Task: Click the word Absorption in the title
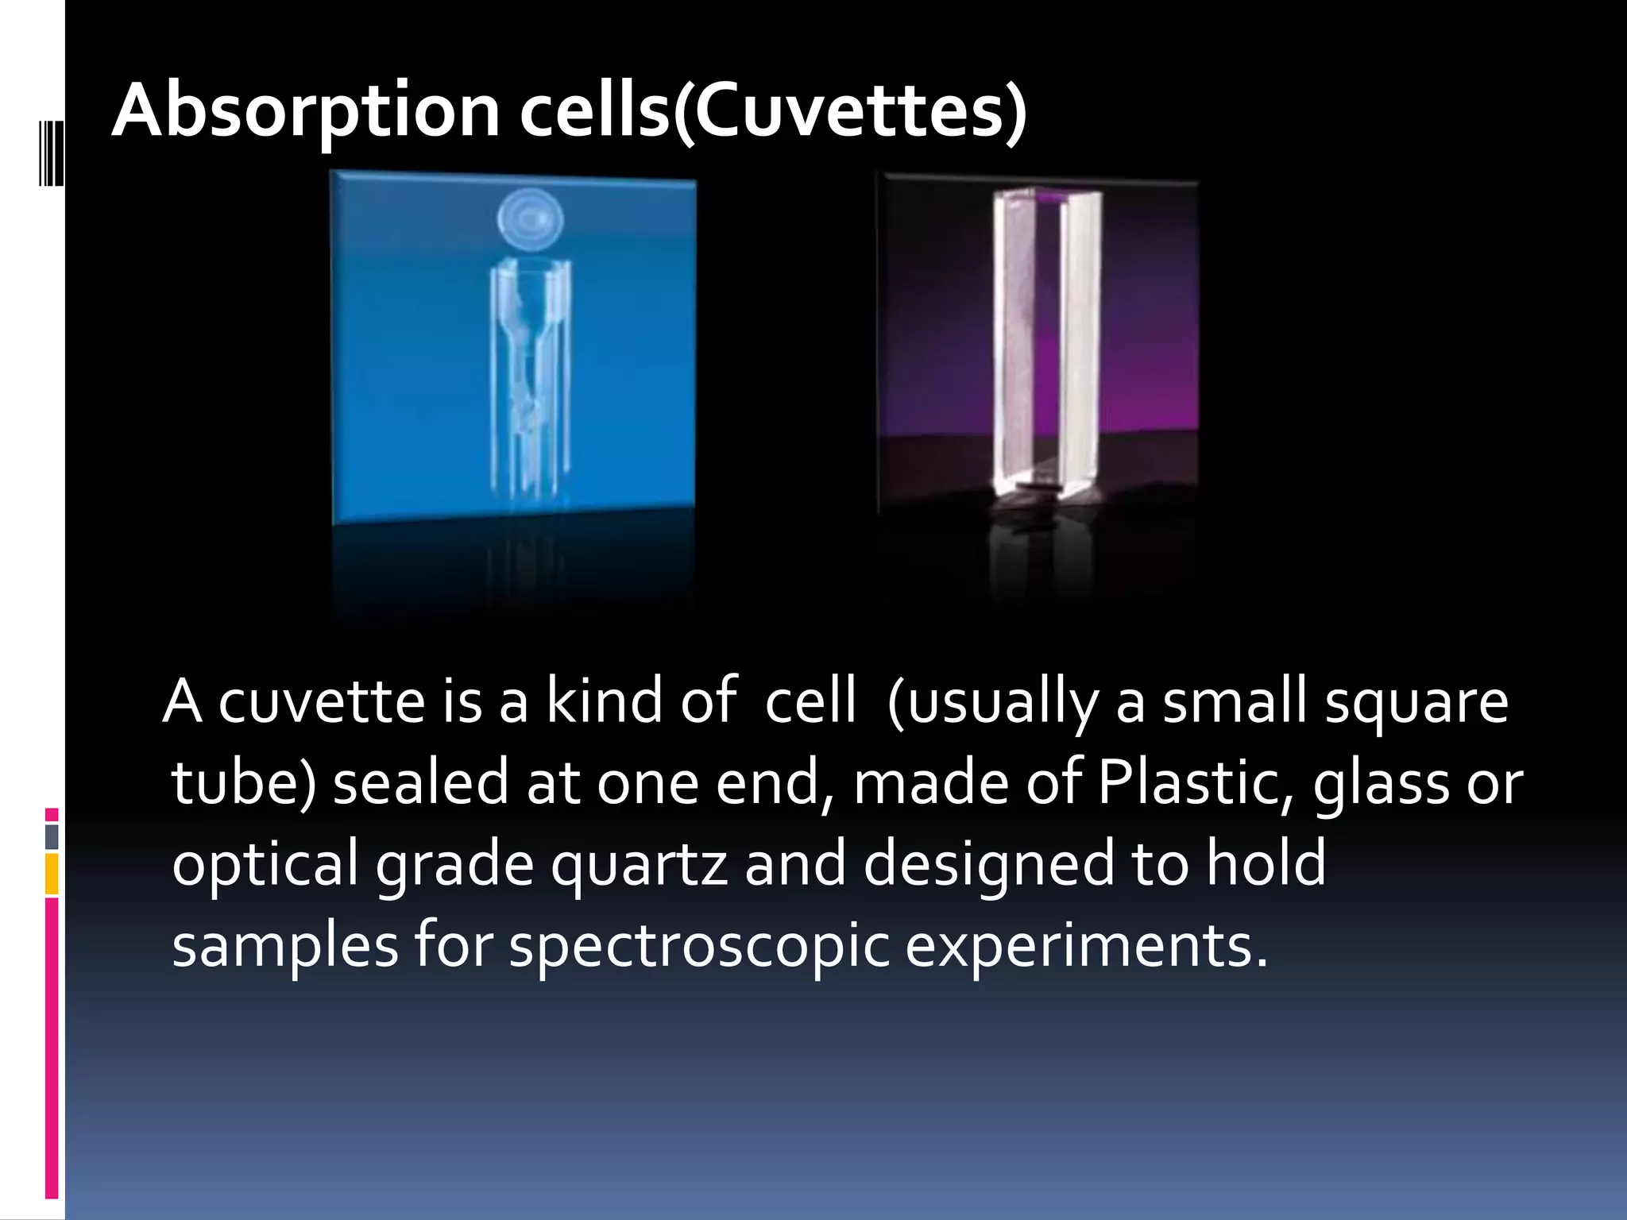(x=306, y=111)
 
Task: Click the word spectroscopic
(x=699, y=947)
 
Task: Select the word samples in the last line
(x=284, y=947)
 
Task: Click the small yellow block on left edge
(x=52, y=873)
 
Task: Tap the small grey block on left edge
(x=52, y=836)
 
